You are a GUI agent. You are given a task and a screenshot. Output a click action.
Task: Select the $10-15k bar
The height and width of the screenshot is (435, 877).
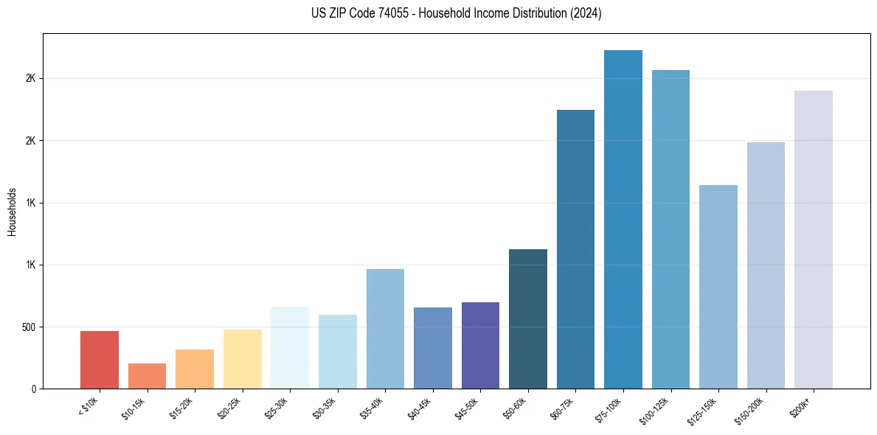(x=147, y=376)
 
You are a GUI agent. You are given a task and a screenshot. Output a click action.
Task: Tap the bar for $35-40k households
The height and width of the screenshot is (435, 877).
(x=385, y=329)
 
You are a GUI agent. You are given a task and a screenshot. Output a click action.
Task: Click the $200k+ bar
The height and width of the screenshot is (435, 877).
(x=814, y=240)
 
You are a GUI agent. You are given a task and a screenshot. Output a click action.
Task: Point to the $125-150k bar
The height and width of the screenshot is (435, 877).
(x=718, y=287)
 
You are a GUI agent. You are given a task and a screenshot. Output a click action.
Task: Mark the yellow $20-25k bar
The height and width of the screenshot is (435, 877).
(x=243, y=359)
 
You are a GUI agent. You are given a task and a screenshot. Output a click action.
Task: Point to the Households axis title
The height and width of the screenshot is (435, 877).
(x=13, y=211)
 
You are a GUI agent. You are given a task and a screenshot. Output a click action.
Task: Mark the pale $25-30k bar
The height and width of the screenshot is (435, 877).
(x=290, y=347)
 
